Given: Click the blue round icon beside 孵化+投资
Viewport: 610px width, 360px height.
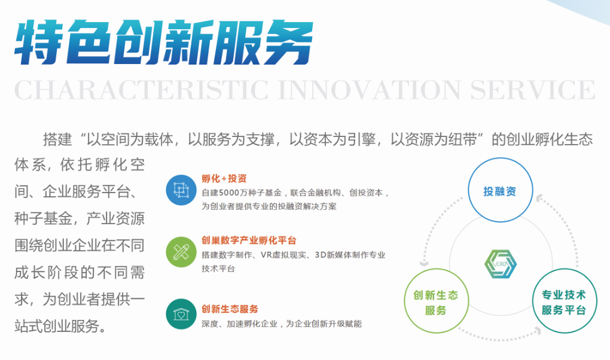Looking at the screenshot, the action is pyautogui.click(x=181, y=190).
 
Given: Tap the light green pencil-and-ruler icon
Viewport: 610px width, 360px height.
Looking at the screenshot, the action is pyautogui.click(x=181, y=252).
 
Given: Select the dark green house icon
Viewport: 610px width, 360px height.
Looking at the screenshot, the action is pyautogui.click(x=181, y=314).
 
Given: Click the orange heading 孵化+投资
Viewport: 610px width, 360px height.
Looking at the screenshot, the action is pyautogui.click(x=224, y=179).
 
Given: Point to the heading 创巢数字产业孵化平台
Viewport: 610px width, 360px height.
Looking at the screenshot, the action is pyautogui.click(x=249, y=240).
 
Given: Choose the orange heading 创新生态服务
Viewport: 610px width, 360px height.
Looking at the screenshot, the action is pyautogui.click(x=230, y=309).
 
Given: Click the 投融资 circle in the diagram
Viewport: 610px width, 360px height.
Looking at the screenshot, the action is pyautogui.click(x=500, y=190).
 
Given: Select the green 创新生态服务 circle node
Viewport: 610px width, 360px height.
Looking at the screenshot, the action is pyautogui.click(x=436, y=301).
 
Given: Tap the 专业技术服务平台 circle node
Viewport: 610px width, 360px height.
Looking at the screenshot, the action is pyautogui.click(x=564, y=301).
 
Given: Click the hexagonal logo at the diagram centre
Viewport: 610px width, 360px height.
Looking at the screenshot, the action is pyautogui.click(x=501, y=264).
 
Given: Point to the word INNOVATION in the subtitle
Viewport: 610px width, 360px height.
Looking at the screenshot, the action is pyautogui.click(x=370, y=90).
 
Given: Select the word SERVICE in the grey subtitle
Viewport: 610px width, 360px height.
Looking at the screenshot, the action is pyautogui.click(x=533, y=90).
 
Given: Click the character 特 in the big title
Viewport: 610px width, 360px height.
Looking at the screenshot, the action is pyautogui.click(x=39, y=42).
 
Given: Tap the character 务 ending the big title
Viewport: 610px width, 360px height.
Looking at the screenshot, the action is pyautogui.click(x=288, y=42).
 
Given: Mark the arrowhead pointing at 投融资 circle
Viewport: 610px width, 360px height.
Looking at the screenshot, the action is pyautogui.click(x=539, y=199).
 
